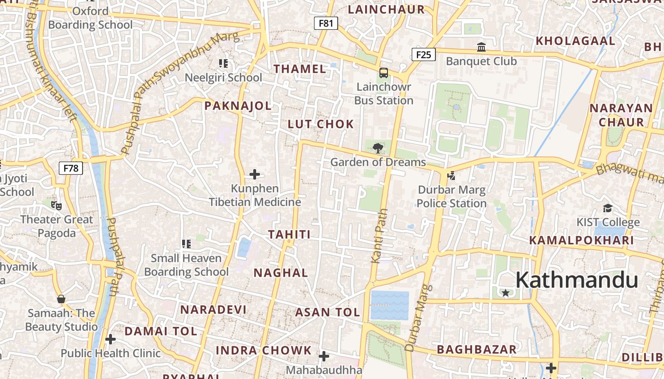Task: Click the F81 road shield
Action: click(326, 23)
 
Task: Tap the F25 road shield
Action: click(423, 54)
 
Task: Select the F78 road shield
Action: click(71, 168)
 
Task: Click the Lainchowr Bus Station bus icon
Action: click(383, 73)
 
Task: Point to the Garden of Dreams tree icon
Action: click(378, 148)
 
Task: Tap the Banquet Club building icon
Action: click(481, 47)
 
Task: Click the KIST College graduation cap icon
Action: click(608, 208)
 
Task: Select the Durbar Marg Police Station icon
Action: click(451, 176)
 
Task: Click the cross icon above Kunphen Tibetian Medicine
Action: click(255, 174)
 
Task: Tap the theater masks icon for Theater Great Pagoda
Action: click(56, 206)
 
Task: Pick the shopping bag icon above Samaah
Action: click(61, 299)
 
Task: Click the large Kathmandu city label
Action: click(577, 280)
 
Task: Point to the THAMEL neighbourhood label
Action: click(300, 69)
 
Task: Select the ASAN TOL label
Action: click(327, 313)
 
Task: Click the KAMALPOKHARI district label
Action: click(581, 240)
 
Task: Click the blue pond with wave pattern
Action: click(389, 305)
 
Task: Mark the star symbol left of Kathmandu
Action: click(506, 293)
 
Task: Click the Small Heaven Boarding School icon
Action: click(186, 244)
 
